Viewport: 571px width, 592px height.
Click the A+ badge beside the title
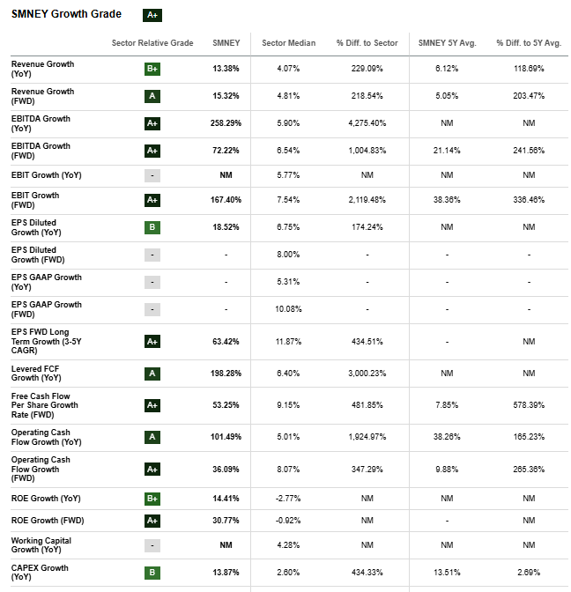[x=152, y=15]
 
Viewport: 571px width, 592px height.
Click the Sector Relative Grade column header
[x=152, y=43]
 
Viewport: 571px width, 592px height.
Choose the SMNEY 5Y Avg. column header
[x=447, y=43]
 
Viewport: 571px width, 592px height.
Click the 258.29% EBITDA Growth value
[x=226, y=123]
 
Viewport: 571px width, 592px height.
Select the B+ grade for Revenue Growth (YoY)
[x=152, y=69]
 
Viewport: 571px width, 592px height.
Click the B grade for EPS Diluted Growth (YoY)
[x=152, y=227]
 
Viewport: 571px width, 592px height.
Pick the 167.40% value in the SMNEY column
[x=226, y=200]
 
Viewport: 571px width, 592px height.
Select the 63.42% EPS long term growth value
[x=226, y=341]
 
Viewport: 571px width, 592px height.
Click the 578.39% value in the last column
[x=529, y=405]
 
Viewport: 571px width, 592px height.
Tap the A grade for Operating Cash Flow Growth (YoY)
[x=152, y=437]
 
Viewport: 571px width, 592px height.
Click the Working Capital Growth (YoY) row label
[x=41, y=544]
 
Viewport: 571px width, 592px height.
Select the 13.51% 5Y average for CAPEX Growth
[x=447, y=573]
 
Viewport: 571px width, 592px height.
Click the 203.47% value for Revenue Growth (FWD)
[x=529, y=96]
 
